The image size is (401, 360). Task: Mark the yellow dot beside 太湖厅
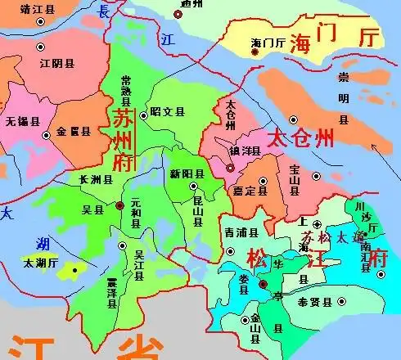point(74,269)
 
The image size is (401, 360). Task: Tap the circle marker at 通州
point(178,14)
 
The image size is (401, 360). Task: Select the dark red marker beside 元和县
point(119,205)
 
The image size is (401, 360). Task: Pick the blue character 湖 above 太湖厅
point(43,243)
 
